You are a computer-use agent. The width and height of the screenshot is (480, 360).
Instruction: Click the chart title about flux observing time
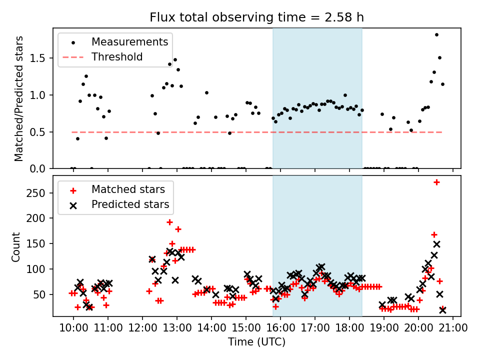pyautogui.click(x=256, y=17)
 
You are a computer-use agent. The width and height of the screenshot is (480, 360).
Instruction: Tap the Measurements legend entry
pyautogui.click(x=129, y=42)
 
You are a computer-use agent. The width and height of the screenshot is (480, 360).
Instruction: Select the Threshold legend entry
pyautogui.click(x=117, y=57)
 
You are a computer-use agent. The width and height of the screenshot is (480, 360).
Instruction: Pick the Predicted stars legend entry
pyautogui.click(x=130, y=204)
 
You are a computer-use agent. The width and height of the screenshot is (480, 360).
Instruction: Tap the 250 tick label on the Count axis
pyautogui.click(x=39, y=193)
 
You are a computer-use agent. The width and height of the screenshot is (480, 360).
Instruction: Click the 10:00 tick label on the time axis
pyautogui.click(x=73, y=328)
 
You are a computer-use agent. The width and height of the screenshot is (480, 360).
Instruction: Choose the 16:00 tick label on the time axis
pyautogui.click(x=280, y=328)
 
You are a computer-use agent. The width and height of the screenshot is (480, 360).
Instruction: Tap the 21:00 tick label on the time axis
pyautogui.click(x=453, y=328)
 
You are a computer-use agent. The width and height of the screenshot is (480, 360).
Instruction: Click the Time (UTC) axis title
pyautogui.click(x=256, y=342)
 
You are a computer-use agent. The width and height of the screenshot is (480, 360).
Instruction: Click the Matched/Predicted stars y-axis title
pyautogui.click(x=19, y=98)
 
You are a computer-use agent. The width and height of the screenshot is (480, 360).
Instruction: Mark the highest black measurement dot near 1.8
pyautogui.click(x=436, y=35)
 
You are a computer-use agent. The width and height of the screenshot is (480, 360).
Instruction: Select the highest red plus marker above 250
pyautogui.click(x=436, y=182)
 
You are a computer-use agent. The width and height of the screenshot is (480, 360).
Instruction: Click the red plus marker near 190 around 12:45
pyautogui.click(x=169, y=222)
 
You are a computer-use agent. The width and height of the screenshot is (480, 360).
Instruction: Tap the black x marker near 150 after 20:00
pyautogui.click(x=436, y=244)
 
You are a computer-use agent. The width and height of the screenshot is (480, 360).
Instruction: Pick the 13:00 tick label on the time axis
pyautogui.click(x=177, y=328)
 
